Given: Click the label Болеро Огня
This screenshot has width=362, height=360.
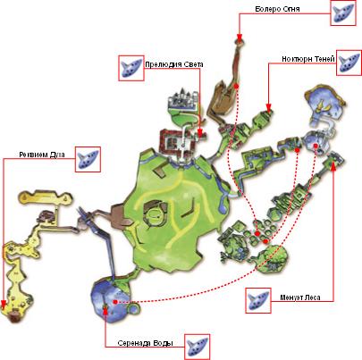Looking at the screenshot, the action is (277, 9).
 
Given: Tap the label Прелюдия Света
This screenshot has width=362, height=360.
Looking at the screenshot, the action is (174, 64).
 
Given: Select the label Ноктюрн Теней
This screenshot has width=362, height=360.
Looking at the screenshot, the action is (308, 59).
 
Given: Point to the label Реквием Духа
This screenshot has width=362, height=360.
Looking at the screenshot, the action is (42, 155).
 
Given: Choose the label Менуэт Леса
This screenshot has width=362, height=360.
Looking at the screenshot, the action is (300, 297).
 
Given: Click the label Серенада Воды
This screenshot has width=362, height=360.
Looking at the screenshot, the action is (145, 343).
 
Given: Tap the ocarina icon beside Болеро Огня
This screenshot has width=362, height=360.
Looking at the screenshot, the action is (343, 13).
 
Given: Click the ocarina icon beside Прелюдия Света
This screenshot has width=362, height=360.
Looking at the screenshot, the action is (131, 68).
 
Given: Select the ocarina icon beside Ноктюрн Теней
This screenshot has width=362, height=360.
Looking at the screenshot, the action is (349, 63).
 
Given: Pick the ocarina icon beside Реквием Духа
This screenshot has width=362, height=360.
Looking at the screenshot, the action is (88, 159).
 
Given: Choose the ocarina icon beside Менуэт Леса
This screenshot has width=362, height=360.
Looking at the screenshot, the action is (258, 300).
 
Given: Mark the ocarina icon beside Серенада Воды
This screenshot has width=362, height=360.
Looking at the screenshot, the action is (197, 347).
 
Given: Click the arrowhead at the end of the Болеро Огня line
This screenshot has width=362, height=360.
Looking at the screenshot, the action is (239, 36).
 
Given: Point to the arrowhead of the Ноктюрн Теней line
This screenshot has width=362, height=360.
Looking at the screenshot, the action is (268, 107).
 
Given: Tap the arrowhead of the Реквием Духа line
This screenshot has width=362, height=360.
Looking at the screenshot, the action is (4, 304).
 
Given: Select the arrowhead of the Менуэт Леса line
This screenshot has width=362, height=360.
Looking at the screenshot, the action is (333, 167).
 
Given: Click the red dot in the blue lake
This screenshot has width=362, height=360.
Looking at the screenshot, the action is (115, 302).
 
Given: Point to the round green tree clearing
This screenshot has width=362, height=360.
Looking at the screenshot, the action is (274, 258).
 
